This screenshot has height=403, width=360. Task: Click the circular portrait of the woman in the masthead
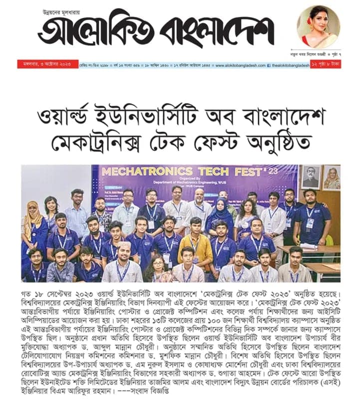coord(318,27)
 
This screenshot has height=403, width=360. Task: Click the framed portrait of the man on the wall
coord(311,176)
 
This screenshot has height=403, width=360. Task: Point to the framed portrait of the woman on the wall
coord(331,176)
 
